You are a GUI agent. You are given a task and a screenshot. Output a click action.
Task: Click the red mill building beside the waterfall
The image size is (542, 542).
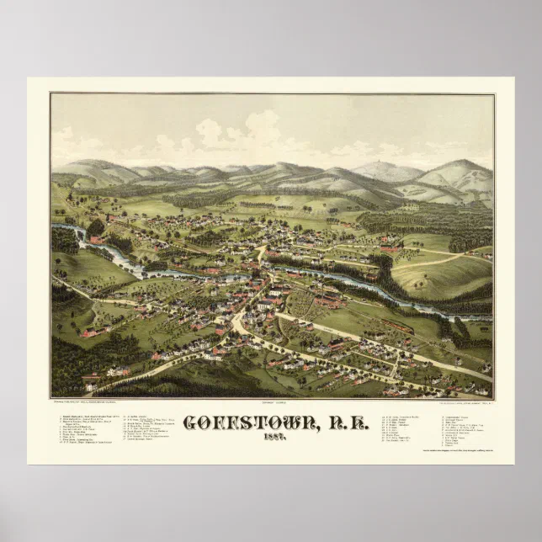click(x=98, y=240)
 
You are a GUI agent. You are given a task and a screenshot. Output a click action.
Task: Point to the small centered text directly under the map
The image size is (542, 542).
click(x=271, y=402)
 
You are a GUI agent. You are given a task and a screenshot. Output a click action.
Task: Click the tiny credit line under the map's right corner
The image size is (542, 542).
click(x=455, y=402)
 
